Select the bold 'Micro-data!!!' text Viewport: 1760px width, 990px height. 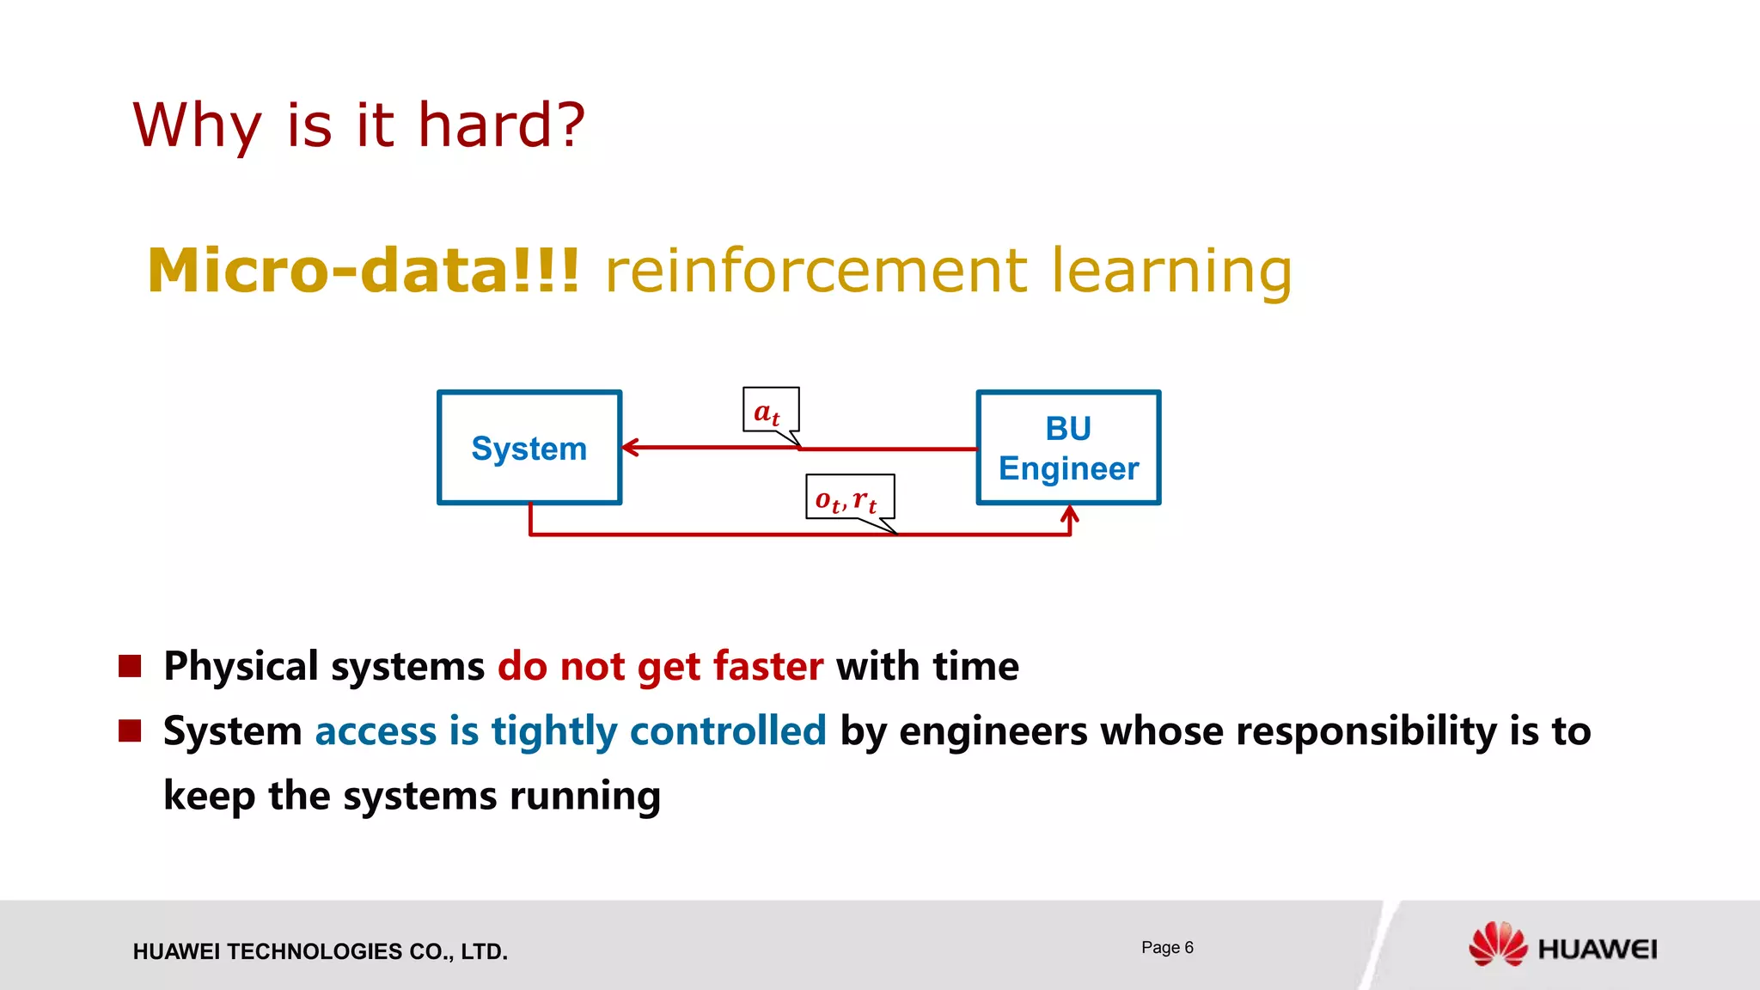pos(364,271)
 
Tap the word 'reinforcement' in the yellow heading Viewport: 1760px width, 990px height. pos(816,271)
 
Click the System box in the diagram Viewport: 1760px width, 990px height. pos(529,448)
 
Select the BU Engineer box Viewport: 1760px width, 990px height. pos(1068,448)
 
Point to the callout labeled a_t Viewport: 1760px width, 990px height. pos(770,411)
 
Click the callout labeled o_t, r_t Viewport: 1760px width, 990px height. pos(849,497)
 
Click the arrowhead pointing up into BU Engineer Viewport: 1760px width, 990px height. pos(1069,515)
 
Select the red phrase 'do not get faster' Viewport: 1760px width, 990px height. pos(660,666)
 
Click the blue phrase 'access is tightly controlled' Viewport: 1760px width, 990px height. pos(570,730)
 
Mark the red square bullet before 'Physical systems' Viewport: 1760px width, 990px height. pos(130,666)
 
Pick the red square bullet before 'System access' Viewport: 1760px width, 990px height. pos(130,730)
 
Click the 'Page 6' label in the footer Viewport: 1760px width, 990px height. pos(1167,947)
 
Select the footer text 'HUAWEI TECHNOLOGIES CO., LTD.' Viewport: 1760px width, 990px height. pos(320,951)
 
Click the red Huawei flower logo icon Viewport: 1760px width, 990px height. pos(1497,944)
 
